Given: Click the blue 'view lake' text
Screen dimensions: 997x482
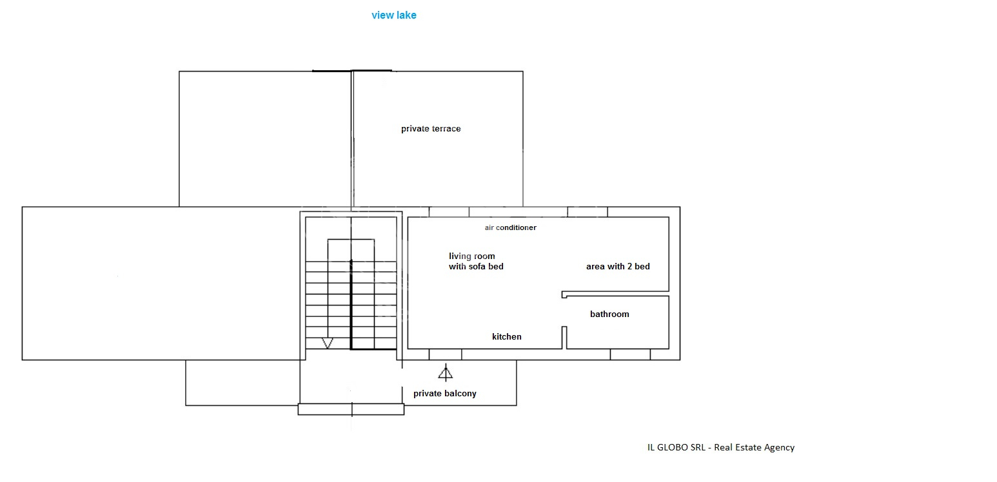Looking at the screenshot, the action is click(x=394, y=15).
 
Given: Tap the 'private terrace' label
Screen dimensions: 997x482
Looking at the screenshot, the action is click(x=431, y=129).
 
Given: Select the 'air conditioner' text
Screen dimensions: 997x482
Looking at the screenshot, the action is click(x=511, y=227).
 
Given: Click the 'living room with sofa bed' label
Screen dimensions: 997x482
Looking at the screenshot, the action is click(x=476, y=262).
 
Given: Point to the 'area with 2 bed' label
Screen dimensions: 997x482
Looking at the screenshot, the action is click(x=618, y=266).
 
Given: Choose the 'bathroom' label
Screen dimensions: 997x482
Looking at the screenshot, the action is click(x=609, y=314).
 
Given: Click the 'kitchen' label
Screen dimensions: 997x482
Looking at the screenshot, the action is click(x=506, y=336).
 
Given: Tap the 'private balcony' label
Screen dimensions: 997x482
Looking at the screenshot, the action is click(x=444, y=394).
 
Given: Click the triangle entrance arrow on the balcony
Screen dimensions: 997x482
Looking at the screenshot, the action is click(x=446, y=372).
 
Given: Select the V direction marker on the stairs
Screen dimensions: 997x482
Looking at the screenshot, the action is click(x=327, y=343).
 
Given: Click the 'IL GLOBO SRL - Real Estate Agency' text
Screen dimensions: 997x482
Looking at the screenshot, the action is click(x=720, y=447).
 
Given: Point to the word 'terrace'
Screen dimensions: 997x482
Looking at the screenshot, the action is click(x=446, y=129).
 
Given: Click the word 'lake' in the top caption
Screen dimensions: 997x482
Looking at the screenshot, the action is click(x=406, y=15).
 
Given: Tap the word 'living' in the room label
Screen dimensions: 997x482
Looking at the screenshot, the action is click(x=460, y=256).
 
